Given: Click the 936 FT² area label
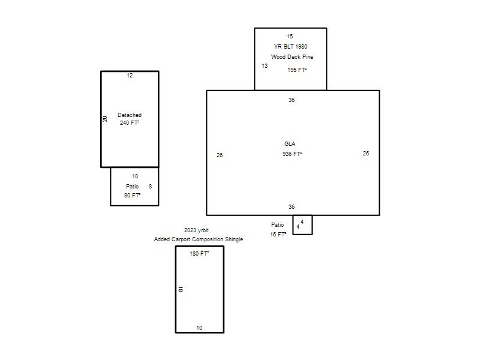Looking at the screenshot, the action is pyautogui.click(x=292, y=154).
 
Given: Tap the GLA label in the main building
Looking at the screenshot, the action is pyautogui.click(x=290, y=143).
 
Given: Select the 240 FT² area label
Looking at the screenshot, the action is pyautogui.click(x=130, y=122).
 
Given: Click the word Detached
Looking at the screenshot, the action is pyautogui.click(x=130, y=115).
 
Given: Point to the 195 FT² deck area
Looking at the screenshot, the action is pyautogui.click(x=297, y=70).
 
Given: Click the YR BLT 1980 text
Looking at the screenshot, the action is pyautogui.click(x=290, y=46).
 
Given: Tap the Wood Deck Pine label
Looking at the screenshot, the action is pyautogui.click(x=292, y=56).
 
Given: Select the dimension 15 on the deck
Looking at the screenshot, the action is pyautogui.click(x=290, y=36).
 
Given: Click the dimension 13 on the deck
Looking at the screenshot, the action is pyautogui.click(x=265, y=65).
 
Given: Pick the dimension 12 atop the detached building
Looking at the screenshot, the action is pyautogui.click(x=130, y=76).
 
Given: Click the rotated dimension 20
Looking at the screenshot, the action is pyautogui.click(x=104, y=119).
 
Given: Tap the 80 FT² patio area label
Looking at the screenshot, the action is pyautogui.click(x=132, y=195).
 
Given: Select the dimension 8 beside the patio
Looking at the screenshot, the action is pyautogui.click(x=150, y=186).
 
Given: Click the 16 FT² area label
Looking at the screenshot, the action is pyautogui.click(x=278, y=234).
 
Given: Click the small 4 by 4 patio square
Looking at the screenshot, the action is pyautogui.click(x=302, y=225).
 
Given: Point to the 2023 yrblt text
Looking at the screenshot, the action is pyautogui.click(x=196, y=230).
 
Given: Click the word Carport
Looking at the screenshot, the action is pyautogui.click(x=182, y=239).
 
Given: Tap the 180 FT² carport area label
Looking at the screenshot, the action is pyautogui.click(x=199, y=253).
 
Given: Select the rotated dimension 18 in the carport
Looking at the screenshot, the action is pyautogui.click(x=181, y=289).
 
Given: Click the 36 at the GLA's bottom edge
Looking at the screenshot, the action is pyautogui.click(x=292, y=206).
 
